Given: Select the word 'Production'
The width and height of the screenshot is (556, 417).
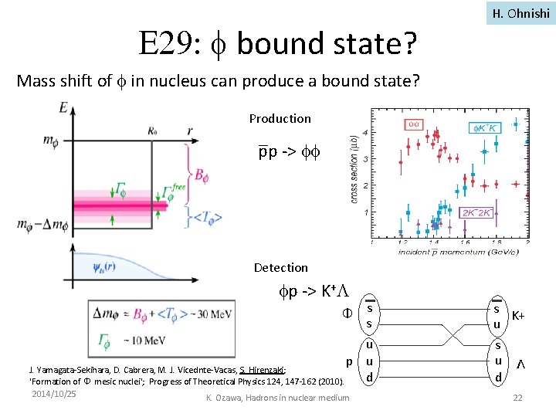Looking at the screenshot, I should coord(280,118).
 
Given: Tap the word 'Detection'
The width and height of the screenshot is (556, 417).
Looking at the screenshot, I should coord(280,267).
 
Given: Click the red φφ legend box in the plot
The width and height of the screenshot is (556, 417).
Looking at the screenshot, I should coord(413,124).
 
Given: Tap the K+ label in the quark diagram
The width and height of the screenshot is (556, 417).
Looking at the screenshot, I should coord(519,316).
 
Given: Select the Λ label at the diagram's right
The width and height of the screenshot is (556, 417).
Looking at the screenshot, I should coord(521,363).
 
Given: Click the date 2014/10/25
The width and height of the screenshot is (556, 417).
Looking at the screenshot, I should coord(54,394).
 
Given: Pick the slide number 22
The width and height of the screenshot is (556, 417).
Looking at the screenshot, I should coord(517,398).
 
